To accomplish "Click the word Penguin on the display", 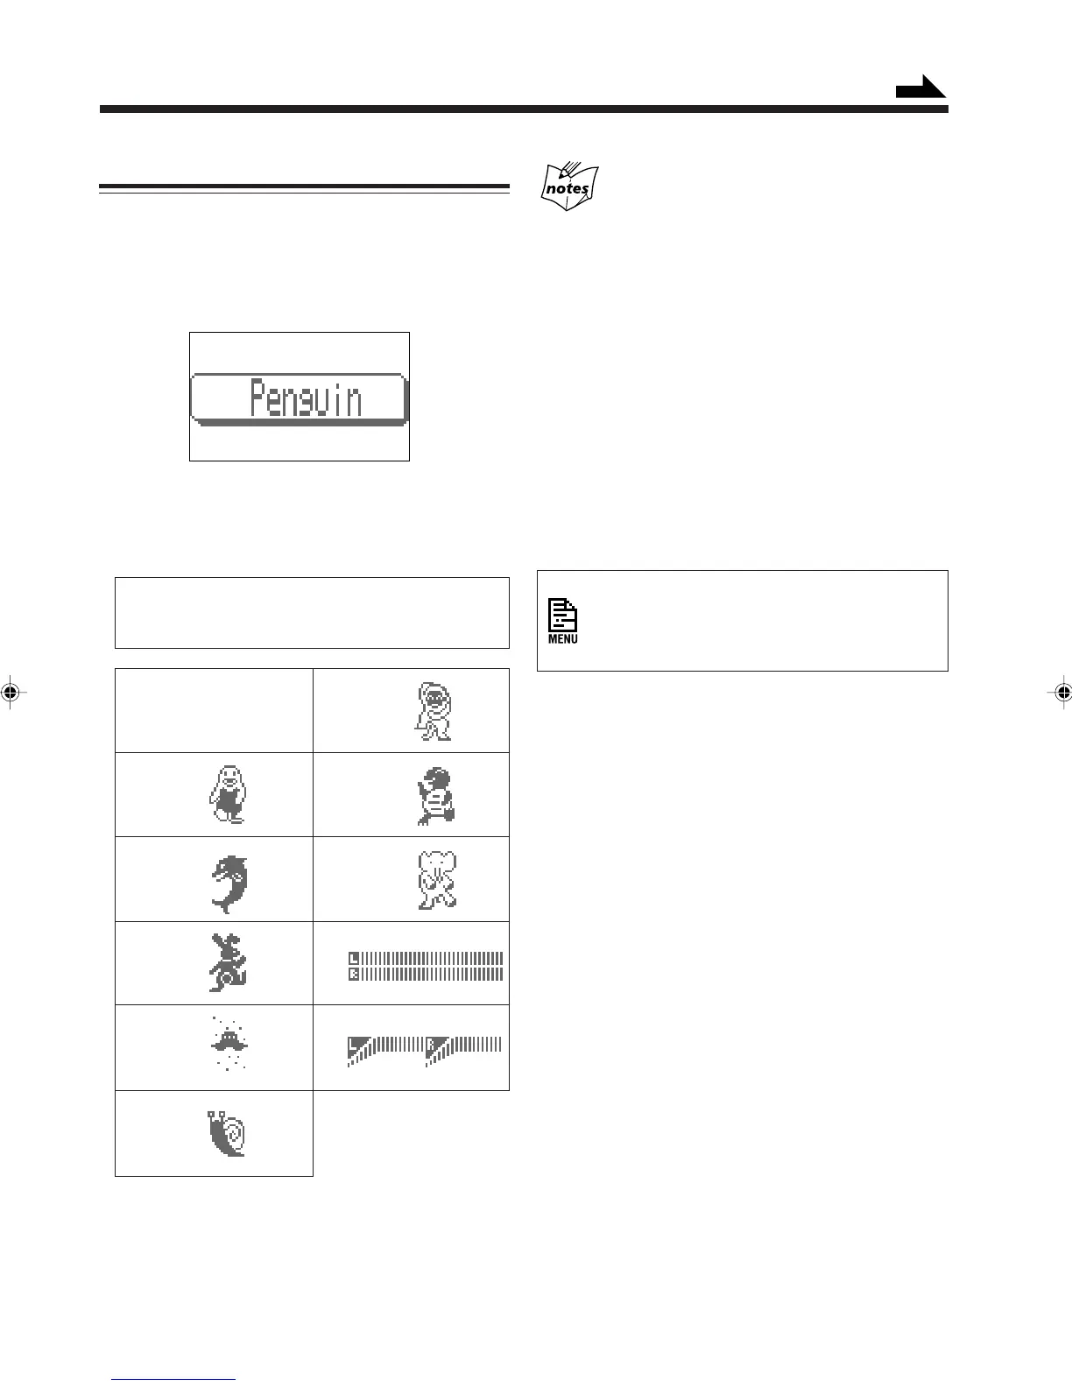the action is [305, 399].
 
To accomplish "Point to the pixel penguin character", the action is [226, 794].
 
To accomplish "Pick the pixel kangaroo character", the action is [227, 962].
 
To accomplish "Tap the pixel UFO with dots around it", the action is [229, 1042].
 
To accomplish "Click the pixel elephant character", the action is [437, 880].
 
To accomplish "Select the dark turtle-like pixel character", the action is [435, 795].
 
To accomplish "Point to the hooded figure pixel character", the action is [434, 711].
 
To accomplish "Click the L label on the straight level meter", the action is [354, 957].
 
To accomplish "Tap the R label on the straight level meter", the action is [354, 974].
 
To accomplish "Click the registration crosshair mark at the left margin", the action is [10, 692].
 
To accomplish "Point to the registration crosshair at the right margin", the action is [1061, 692].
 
